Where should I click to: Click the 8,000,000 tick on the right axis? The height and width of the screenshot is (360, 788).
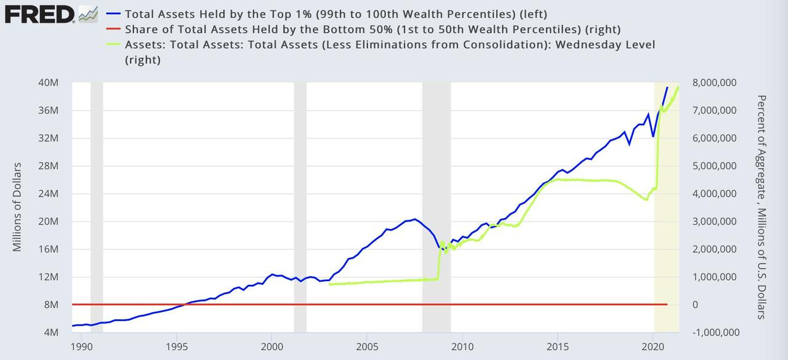pyautogui.click(x=716, y=82)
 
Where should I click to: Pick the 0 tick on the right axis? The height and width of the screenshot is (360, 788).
pyautogui.click(x=696, y=305)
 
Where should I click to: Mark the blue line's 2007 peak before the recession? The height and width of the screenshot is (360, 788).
pyautogui.click(x=414, y=219)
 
